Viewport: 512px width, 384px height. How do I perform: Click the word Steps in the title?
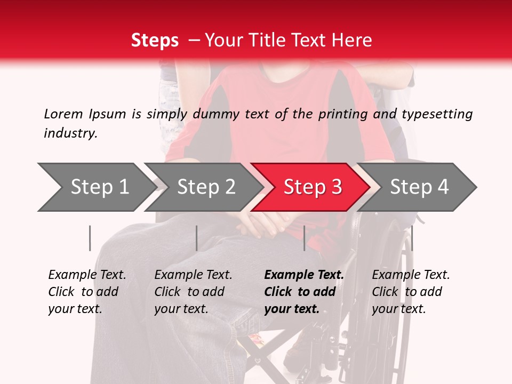(155, 41)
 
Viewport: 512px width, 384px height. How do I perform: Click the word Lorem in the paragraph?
(63, 114)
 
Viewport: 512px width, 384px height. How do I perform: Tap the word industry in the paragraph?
(70, 133)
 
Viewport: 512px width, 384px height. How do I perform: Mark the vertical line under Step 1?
(90, 238)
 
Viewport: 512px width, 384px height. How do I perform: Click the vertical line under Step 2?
(197, 238)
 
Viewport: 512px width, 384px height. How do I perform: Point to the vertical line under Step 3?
(304, 238)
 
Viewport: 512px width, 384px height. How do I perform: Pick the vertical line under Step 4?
(412, 238)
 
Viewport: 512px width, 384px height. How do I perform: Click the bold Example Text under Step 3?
(304, 275)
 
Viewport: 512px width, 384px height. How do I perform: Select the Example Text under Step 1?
(87, 275)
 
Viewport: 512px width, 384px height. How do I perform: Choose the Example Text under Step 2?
(193, 275)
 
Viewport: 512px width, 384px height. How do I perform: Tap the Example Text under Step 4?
(411, 275)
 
